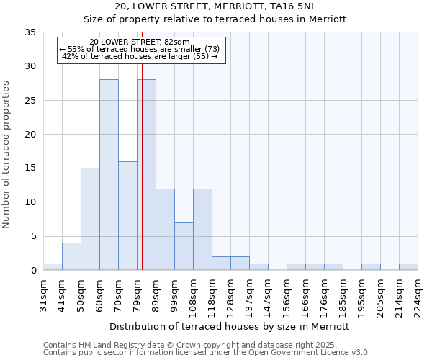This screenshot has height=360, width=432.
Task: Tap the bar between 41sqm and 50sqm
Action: pyautogui.click(x=71, y=256)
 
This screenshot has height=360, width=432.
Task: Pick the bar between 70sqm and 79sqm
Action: pyautogui.click(x=127, y=216)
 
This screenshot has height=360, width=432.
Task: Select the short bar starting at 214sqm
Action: pyautogui.click(x=408, y=266)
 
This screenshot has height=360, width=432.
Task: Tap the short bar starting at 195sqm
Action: pyautogui.click(x=371, y=266)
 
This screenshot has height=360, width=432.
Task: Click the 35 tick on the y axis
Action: pyautogui.click(x=30, y=32)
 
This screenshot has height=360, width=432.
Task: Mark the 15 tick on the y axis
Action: pyautogui.click(x=30, y=168)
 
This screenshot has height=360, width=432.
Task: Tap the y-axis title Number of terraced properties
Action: pyautogui.click(x=6, y=155)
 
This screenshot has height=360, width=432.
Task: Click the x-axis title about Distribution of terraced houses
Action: pyautogui.click(x=230, y=326)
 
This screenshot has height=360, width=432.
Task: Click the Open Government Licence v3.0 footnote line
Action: pyautogui.click(x=207, y=353)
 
